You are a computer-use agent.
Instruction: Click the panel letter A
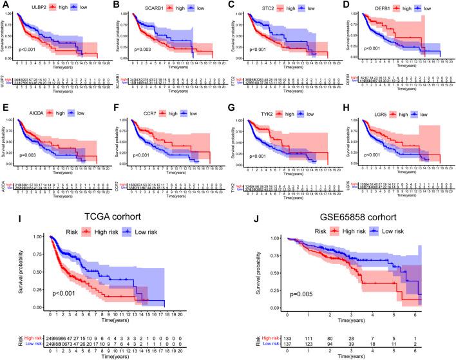coord(6,5)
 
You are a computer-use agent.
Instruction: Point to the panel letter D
coord(348,5)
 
